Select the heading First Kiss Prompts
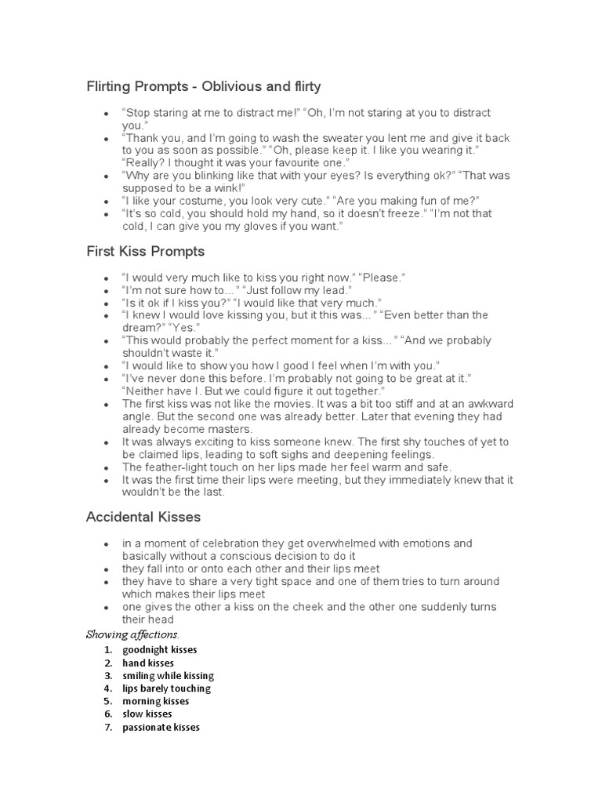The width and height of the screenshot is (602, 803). tap(145, 252)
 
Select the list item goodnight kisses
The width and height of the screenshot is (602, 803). tap(160, 650)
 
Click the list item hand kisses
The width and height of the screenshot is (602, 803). tap(148, 663)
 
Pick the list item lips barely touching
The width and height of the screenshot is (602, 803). tap(166, 689)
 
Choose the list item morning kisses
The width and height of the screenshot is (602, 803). tap(156, 702)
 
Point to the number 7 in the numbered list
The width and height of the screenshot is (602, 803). tap(107, 728)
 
